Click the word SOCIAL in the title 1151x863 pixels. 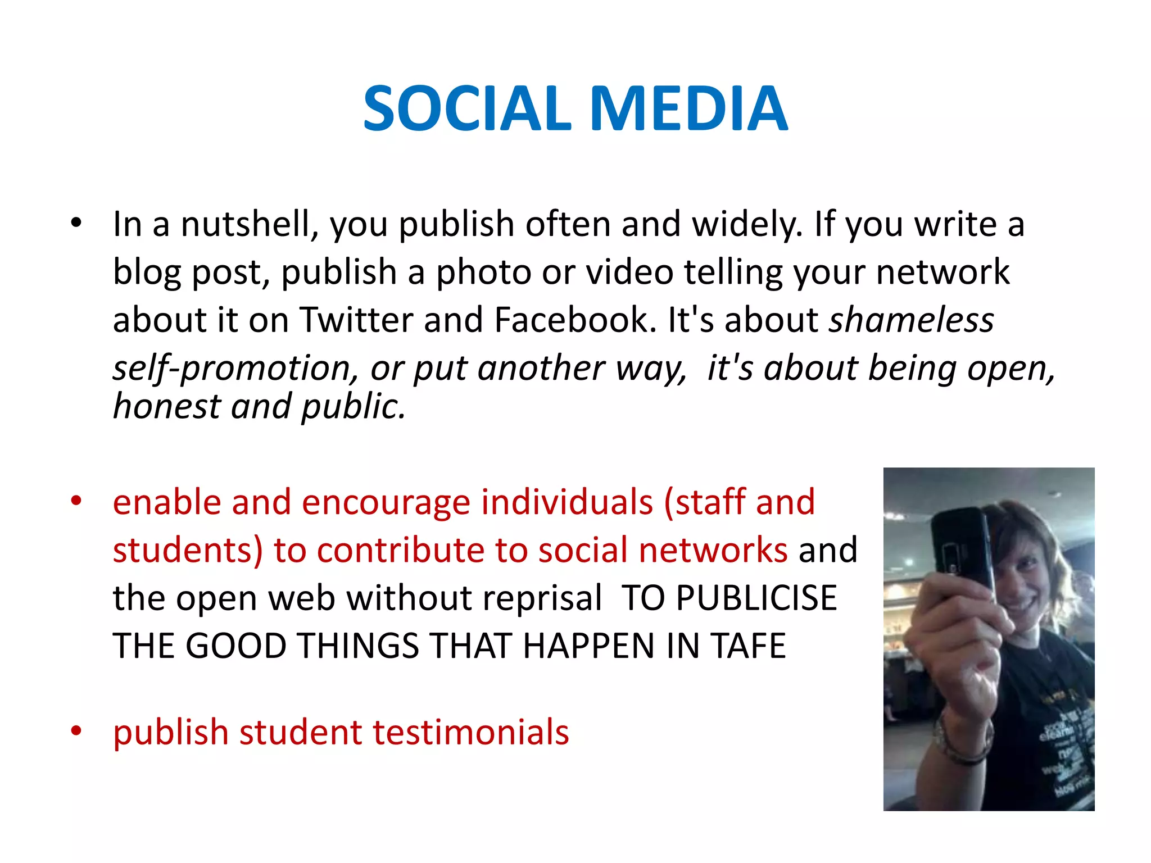(x=467, y=108)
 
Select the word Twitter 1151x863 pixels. (x=356, y=320)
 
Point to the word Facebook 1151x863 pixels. (x=575, y=320)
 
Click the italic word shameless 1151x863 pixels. (x=912, y=320)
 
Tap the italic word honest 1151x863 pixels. (x=166, y=406)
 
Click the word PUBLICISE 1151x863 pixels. (x=756, y=598)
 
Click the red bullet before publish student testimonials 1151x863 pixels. (x=76, y=731)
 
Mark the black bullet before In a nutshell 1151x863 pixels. (x=76, y=223)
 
